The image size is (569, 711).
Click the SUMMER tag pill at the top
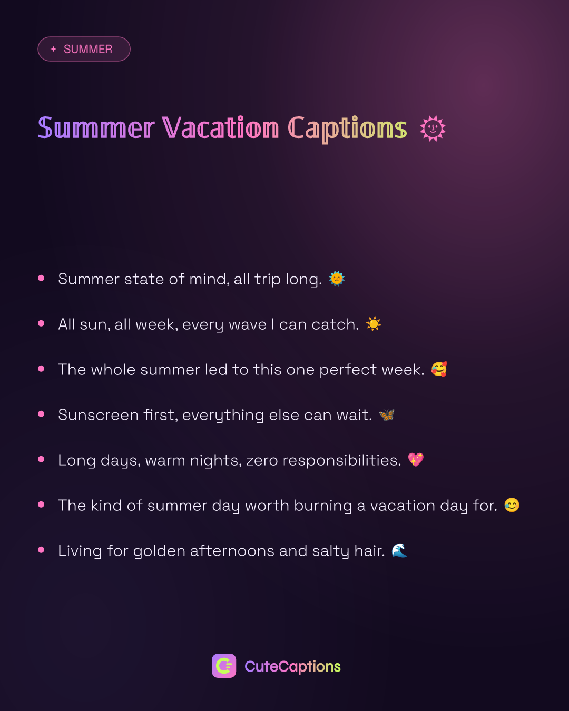click(84, 49)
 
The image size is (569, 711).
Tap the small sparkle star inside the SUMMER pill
click(54, 49)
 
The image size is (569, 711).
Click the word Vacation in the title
click(220, 128)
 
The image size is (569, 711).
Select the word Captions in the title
click(347, 129)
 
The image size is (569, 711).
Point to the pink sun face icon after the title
click(433, 129)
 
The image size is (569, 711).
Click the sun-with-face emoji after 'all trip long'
click(337, 279)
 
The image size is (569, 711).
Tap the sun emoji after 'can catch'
click(374, 324)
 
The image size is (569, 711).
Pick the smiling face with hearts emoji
click(439, 369)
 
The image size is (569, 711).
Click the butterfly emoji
click(387, 414)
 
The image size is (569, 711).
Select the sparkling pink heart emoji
click(416, 460)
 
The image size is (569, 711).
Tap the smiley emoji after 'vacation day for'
click(512, 505)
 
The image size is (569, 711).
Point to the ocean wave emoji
click(399, 550)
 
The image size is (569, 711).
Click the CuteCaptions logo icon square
click(224, 665)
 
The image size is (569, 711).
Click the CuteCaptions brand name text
click(292, 666)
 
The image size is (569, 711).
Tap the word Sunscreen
click(98, 415)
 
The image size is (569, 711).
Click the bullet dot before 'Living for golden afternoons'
click(41, 550)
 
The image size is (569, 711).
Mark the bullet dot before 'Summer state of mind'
click(41, 278)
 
